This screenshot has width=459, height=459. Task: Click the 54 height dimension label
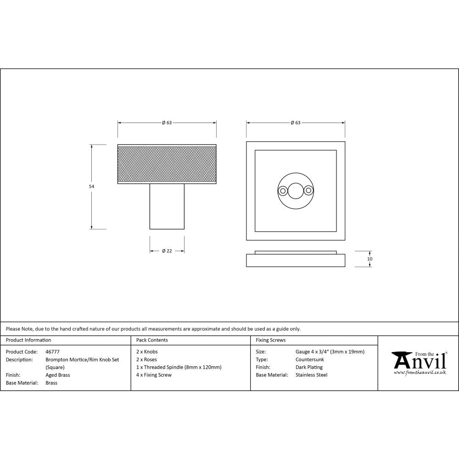coord(91,186)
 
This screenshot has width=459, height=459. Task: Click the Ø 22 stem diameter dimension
coord(167,251)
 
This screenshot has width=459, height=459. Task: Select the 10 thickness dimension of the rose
coord(370,259)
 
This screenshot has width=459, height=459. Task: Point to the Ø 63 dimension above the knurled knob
coord(167,123)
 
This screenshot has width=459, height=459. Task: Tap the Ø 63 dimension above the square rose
coord(295,123)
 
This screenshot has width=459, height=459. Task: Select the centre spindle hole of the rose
coord(296,190)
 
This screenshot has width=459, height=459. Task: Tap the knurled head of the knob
coord(167,164)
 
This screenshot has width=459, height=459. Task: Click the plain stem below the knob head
coord(167,206)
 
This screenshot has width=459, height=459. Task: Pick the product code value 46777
coord(53,352)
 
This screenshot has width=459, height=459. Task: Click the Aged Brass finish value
coord(58,375)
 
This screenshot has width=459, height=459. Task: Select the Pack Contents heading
coord(152,340)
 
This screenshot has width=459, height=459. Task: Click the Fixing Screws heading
coord(270,340)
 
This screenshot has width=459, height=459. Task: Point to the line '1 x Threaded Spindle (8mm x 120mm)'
coord(179,367)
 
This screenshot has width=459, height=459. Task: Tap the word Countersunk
coord(310,359)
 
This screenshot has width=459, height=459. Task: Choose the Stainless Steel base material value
coord(312,375)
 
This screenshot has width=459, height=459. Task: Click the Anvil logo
coord(419,363)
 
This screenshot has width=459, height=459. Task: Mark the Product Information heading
coord(28,340)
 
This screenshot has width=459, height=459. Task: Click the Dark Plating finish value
coord(309,367)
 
